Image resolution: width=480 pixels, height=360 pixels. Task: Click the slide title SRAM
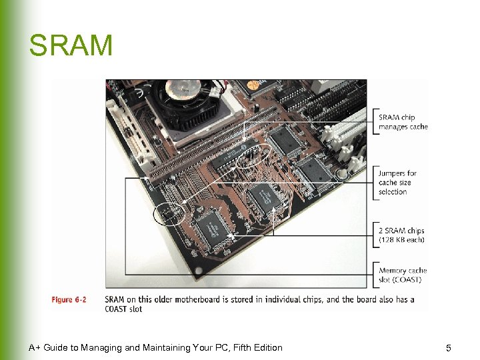[x=71, y=46]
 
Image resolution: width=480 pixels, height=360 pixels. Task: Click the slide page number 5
[x=449, y=348]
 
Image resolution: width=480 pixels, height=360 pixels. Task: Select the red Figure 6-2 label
[x=69, y=300]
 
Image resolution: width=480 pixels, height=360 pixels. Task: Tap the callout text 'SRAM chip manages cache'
[x=403, y=122]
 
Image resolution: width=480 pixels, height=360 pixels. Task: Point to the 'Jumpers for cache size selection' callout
[x=397, y=183]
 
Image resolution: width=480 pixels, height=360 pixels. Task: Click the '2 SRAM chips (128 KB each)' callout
[x=401, y=235]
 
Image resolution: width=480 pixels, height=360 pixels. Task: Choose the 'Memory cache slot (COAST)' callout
[x=403, y=275]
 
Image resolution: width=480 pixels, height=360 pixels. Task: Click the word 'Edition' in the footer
[x=267, y=347]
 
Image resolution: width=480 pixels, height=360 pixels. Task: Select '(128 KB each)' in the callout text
[x=401, y=240]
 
